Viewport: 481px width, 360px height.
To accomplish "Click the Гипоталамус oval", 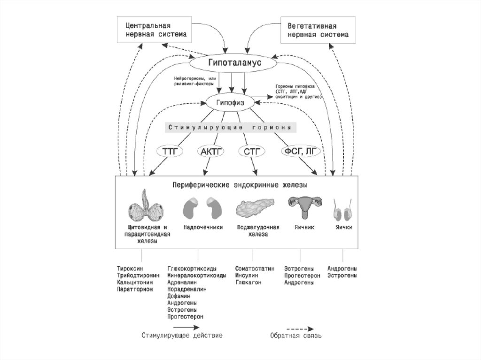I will (232, 62).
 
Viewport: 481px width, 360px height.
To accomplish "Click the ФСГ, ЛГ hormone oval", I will (300, 151).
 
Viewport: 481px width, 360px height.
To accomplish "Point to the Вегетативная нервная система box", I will (317, 30).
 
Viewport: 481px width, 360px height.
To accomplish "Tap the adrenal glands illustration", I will (202, 207).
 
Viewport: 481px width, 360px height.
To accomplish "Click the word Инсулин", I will (246, 276).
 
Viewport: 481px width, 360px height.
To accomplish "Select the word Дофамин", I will (178, 296).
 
